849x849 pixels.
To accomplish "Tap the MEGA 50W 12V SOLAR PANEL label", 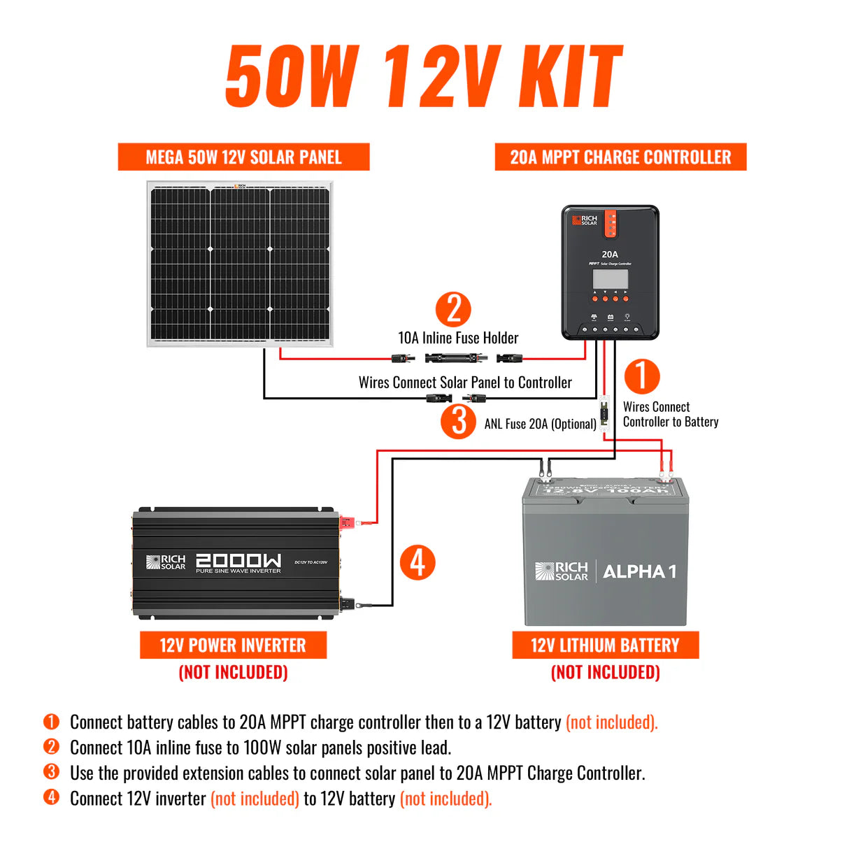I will (243, 157).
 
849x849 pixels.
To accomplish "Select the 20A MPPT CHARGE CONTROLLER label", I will (620, 157).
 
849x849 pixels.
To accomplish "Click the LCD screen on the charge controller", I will (610, 278).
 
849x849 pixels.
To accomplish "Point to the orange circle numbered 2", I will (453, 309).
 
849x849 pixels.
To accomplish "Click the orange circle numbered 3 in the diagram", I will (458, 421).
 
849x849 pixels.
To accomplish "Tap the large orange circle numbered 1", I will (641, 376).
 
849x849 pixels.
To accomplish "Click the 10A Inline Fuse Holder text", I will (458, 338).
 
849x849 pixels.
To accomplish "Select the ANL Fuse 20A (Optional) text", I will (540, 424).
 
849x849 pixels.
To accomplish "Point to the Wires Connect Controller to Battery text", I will (670, 414).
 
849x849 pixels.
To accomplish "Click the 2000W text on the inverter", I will (238, 560).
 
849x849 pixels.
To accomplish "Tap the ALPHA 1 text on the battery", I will (639, 571).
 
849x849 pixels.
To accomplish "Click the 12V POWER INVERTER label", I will (233, 645).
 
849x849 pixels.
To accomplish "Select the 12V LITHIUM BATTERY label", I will (605, 645).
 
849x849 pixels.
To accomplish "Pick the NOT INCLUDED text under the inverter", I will (233, 672).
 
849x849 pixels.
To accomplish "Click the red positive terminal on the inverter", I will (347, 522).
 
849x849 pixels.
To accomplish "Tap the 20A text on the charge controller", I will (610, 255).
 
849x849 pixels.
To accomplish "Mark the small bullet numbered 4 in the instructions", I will (51, 797).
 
